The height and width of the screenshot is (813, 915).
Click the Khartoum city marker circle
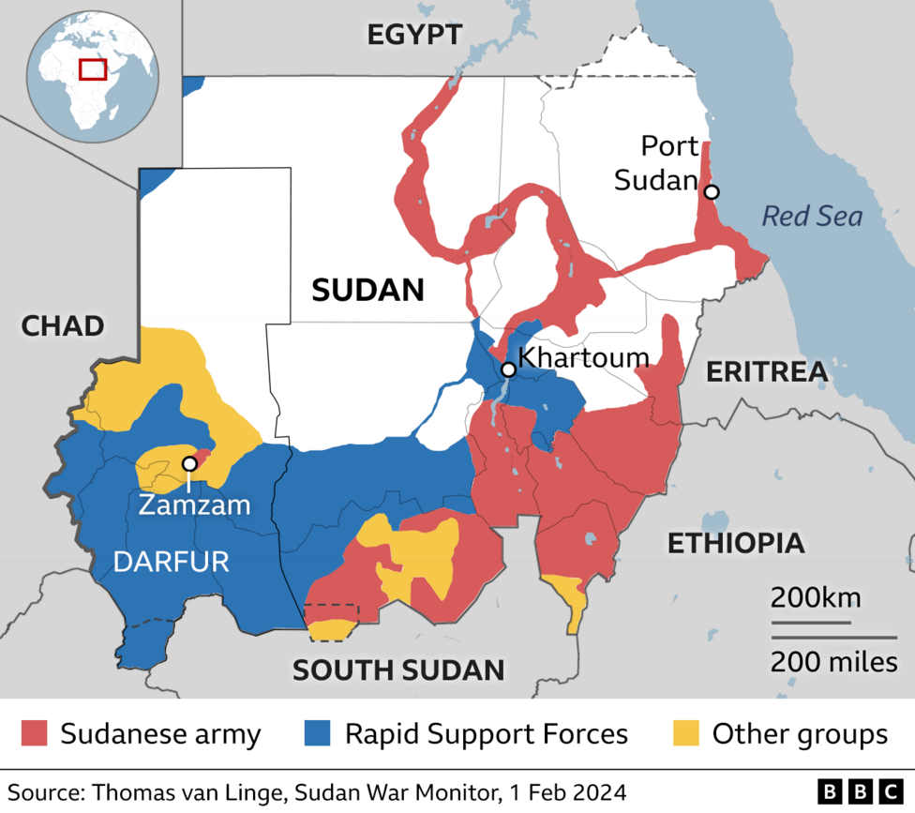point(508,369)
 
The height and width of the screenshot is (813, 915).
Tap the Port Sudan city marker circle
point(712,192)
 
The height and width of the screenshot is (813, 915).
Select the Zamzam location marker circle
point(189,463)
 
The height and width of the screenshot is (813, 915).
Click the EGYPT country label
point(414,36)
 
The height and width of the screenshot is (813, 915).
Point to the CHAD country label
point(62,326)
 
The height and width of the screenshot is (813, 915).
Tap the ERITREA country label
point(767,371)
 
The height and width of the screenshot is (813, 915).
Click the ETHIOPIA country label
point(735,542)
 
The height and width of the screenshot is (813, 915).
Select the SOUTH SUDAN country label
point(398,670)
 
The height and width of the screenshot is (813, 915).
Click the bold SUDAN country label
point(367,290)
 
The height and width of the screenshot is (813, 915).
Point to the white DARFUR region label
point(171,562)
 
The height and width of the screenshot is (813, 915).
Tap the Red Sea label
point(811,217)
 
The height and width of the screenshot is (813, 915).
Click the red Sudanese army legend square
point(34,733)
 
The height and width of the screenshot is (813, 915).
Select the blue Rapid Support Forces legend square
point(319,733)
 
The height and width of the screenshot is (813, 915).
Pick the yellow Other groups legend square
point(686,733)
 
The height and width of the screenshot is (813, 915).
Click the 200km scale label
point(815,597)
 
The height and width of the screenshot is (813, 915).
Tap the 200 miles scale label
point(833,662)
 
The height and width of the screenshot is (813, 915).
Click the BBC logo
point(859,790)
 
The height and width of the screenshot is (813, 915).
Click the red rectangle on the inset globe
point(93,68)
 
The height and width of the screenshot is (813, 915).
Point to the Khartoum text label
point(583,357)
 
